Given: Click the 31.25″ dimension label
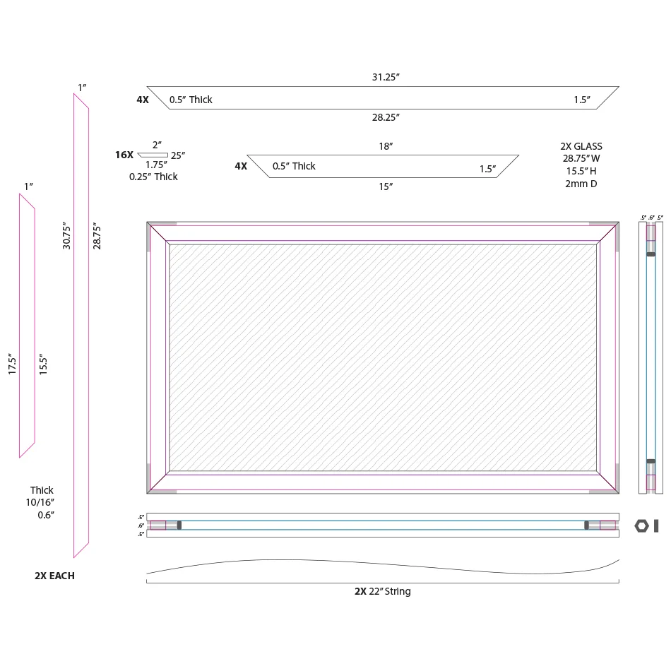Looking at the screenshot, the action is pos(386,76).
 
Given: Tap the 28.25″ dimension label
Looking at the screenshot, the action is pos(386,117).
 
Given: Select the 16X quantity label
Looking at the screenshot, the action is pos(124,154).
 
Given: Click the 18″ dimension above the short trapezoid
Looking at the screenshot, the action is pos(386,146).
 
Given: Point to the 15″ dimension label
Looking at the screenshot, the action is pos(386,186).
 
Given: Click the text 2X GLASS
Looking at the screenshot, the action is pos(581,146).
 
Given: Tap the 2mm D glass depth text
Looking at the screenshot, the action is pos(581,184).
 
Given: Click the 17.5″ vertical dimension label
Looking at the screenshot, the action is pos(12,364).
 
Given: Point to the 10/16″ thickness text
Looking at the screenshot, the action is pos(42,502).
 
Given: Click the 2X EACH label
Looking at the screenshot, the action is pos(54,576).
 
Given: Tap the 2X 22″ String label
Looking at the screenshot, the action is pos(382,591).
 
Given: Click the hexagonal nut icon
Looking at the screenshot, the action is pos(641,525).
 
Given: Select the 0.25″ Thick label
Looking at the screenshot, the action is pos(153,177).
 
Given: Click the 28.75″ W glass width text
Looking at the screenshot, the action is pos(581,159).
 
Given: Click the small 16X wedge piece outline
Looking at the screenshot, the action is pos(153,155).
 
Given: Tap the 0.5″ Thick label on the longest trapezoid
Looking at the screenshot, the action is pos(191,100).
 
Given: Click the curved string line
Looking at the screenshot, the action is pos(381,565).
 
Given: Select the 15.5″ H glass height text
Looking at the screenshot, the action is pos(581,172).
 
